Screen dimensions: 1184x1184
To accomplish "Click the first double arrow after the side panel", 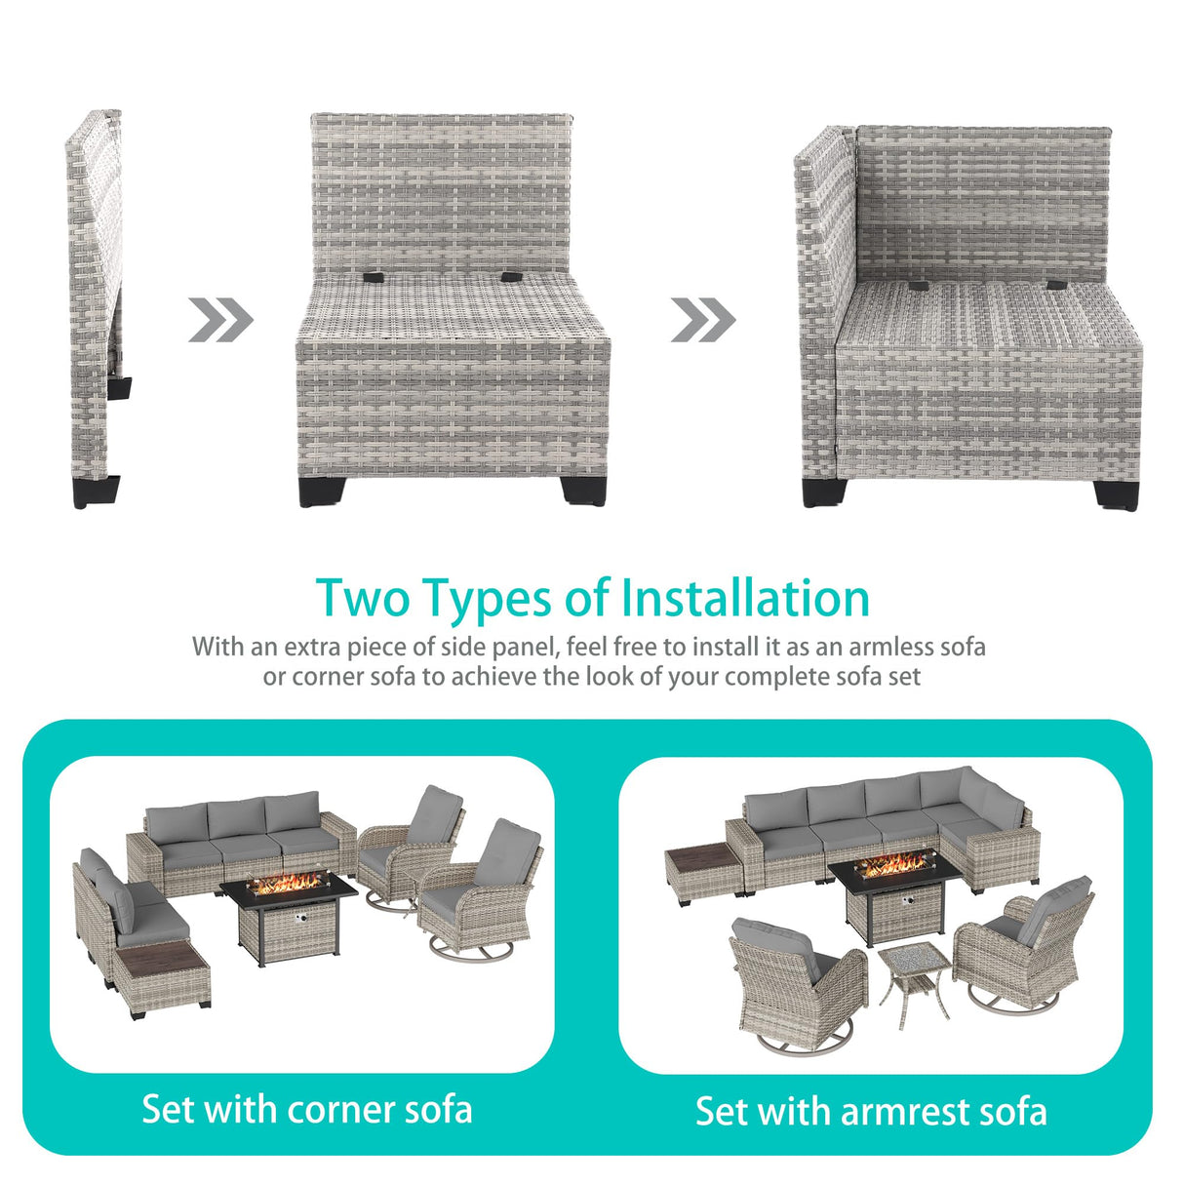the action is click(x=220, y=320).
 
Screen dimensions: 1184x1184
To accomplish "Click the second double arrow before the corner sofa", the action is click(x=703, y=320).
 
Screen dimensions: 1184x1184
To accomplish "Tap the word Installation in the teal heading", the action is click(x=746, y=597).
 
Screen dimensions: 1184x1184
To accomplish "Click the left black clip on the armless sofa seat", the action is click(x=373, y=277).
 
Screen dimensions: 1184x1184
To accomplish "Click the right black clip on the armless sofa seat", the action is click(x=511, y=277).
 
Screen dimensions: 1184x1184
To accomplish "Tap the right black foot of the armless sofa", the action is click(x=583, y=493).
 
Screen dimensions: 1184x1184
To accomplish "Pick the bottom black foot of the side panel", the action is click(x=97, y=493).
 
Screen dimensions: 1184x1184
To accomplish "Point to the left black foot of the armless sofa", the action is click(x=321, y=493).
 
